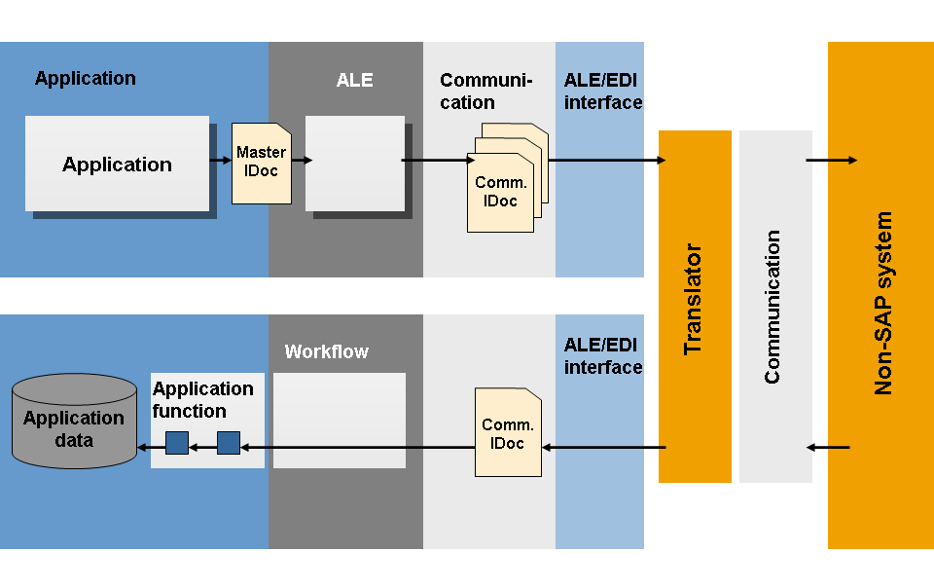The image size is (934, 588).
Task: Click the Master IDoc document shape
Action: coord(261,164)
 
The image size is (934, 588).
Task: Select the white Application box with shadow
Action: coord(117,164)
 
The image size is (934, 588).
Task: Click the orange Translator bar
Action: coord(695,306)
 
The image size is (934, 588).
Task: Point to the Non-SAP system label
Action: coord(883,304)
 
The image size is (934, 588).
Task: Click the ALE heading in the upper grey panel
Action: coord(354,81)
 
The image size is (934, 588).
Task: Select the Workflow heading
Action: coord(326,351)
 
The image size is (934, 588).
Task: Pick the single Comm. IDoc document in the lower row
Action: coord(508,433)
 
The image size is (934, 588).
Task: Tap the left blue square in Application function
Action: coord(177,442)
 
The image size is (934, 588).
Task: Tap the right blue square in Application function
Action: coord(228,442)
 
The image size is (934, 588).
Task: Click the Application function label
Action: coord(202,399)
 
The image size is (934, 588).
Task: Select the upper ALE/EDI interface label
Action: coord(602,91)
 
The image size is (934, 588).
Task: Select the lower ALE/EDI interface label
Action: coord(602,355)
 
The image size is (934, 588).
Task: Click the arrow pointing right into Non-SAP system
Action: coord(831,160)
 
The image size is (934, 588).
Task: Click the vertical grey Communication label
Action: coord(773,307)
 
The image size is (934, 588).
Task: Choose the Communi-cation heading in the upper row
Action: coord(486,92)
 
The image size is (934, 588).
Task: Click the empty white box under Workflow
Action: coord(339,420)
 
